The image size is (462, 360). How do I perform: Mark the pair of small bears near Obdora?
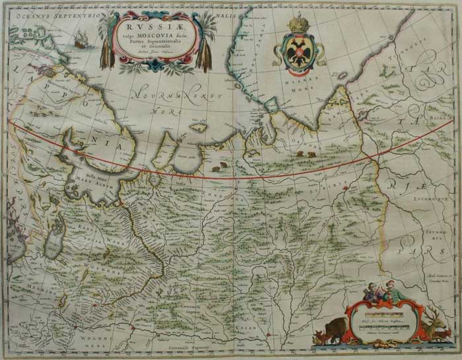[305, 154]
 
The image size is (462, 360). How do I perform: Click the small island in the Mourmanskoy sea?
[197, 127]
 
